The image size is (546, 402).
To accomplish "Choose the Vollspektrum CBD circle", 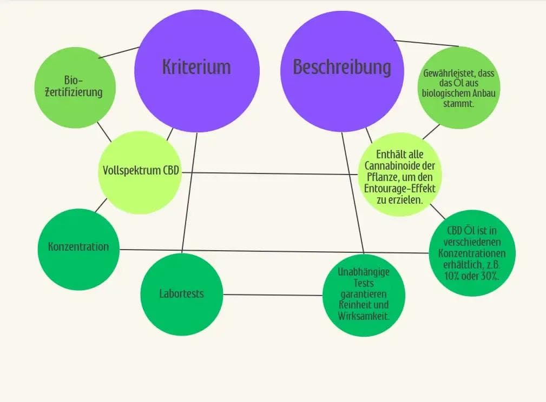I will (140, 172).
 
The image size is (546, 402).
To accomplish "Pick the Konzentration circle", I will (78, 248).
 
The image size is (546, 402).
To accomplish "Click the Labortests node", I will (182, 294).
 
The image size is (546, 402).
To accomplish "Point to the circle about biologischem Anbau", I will (459, 88).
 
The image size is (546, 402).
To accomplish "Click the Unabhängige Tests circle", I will (364, 295).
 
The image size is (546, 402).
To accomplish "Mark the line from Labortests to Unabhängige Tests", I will (273, 295).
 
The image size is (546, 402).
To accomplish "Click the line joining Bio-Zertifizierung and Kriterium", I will (120, 52).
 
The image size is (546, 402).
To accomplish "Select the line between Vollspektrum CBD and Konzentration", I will (101, 205).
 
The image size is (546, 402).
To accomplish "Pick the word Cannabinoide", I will (399, 165).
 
